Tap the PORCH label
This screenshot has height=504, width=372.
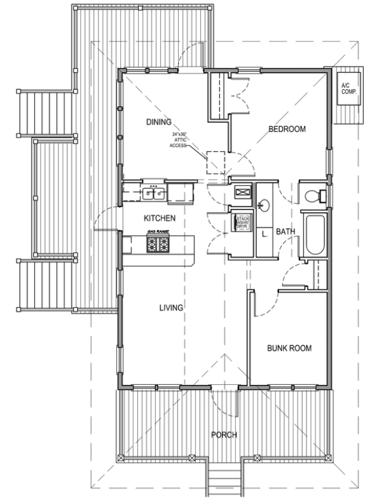224,435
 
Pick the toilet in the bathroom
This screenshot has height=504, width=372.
315,196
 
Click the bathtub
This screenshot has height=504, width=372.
315,236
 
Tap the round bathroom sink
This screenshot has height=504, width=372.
263,205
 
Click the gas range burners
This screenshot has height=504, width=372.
158,243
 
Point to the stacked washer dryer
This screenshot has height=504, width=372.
242,223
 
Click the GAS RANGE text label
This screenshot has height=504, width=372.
158,231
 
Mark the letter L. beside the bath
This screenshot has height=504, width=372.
263,233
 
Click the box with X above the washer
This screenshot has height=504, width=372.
242,192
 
